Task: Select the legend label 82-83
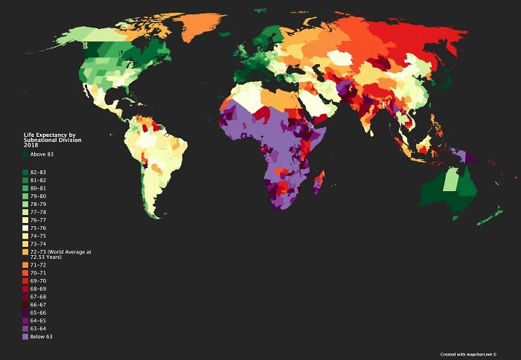pyautogui.click(x=37, y=172)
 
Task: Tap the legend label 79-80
pyautogui.click(x=37, y=196)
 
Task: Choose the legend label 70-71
pyautogui.click(x=37, y=273)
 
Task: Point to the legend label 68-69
pyautogui.click(x=37, y=289)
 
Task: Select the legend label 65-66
pyautogui.click(x=37, y=312)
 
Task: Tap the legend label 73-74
pyautogui.click(x=37, y=243)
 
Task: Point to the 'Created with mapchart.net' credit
pyautogui.click(x=467, y=353)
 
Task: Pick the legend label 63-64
pyautogui.click(x=37, y=328)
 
